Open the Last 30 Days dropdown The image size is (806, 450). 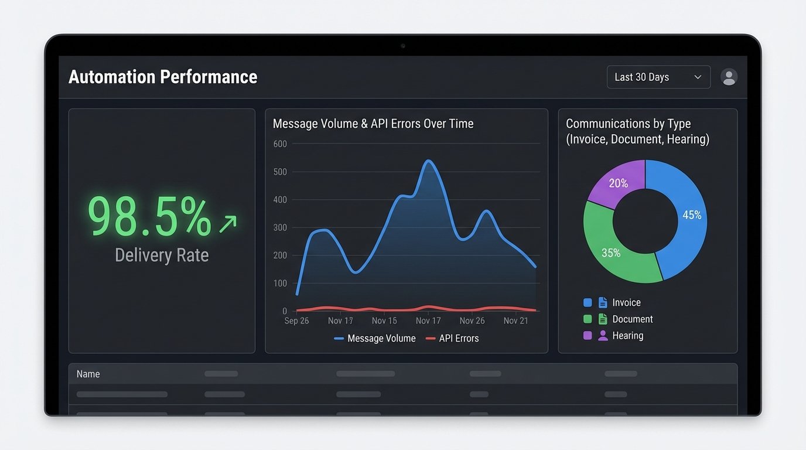pos(658,77)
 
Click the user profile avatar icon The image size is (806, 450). pos(729,77)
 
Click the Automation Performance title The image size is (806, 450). pos(163,77)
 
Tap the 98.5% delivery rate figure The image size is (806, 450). pos(149,217)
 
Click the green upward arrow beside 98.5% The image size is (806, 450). pos(228,223)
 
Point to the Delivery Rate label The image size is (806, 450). pos(162,255)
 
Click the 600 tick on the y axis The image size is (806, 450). pos(280,144)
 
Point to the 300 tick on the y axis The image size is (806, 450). pos(280,227)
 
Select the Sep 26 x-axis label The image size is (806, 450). pos(296,321)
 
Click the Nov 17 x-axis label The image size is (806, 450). pos(428,321)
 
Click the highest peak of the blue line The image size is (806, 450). pos(429,161)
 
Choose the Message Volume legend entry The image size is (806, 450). pos(375,339)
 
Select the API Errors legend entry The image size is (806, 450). pos(452,339)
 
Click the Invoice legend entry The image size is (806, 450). pos(626,303)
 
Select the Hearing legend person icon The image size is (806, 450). pos(603,336)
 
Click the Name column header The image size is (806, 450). pos(88,374)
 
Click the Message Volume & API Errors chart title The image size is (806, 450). pos(373,124)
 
